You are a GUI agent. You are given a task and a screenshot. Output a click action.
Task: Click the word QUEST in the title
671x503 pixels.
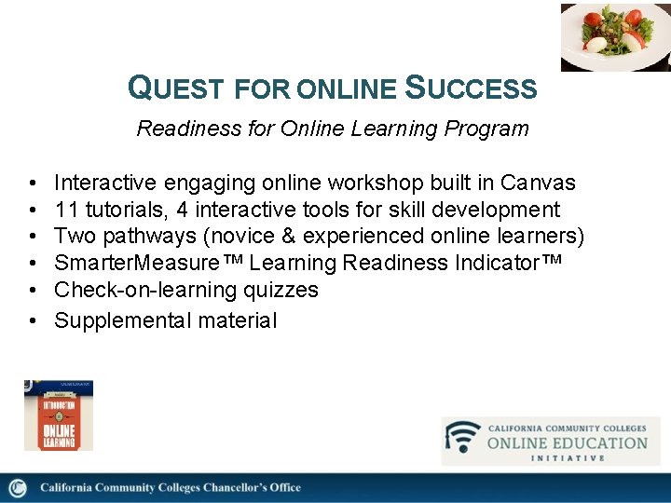click(x=177, y=88)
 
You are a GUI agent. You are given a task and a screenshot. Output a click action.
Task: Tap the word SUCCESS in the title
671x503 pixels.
click(x=472, y=88)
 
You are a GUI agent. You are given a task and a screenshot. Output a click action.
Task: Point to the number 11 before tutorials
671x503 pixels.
click(x=66, y=210)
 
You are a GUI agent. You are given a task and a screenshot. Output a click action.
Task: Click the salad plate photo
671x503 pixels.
click(x=615, y=37)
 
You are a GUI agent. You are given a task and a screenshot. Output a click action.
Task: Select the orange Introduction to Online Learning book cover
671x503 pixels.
click(x=58, y=415)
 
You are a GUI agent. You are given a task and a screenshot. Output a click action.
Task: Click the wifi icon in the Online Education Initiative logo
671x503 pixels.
click(x=462, y=438)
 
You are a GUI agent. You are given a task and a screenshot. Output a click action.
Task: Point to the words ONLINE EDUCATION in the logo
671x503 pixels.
click(x=567, y=442)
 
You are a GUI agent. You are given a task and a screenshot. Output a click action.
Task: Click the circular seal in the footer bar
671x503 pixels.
click(x=17, y=488)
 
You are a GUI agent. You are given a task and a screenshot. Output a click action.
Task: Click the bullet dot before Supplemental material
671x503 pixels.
click(x=33, y=320)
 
